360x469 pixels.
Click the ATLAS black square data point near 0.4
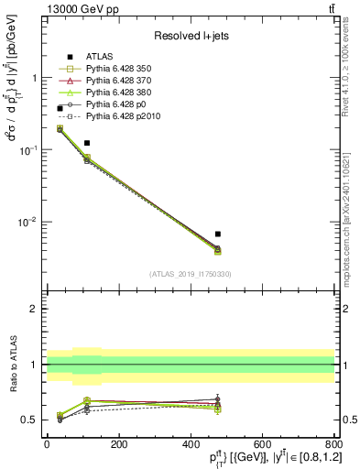[60, 108]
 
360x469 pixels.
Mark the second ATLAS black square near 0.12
[87, 143]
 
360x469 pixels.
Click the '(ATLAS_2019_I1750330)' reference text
[191, 274]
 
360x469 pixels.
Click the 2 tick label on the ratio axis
[33, 309]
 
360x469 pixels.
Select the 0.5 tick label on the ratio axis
[29, 420]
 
